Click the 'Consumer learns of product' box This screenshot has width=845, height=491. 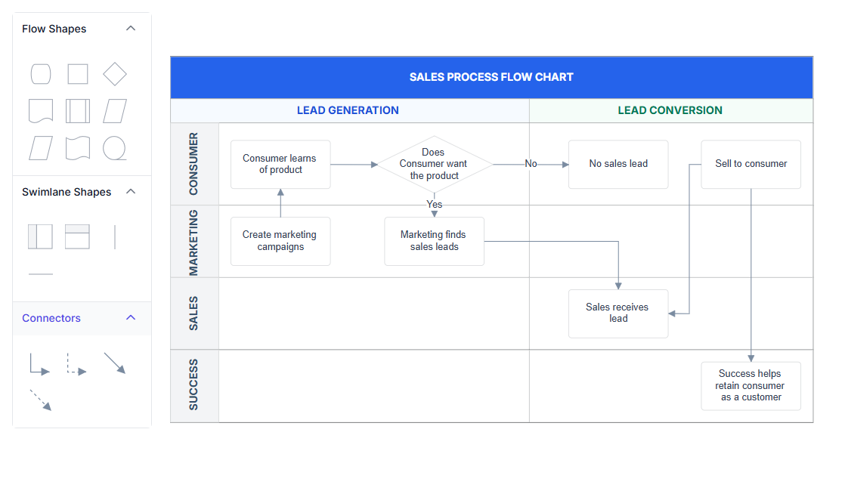[x=280, y=164]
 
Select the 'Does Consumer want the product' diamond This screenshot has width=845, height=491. [x=435, y=164]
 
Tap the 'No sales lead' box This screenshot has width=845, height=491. [x=618, y=164]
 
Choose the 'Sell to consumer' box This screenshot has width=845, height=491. [x=751, y=164]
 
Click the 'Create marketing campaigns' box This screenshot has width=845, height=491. [x=280, y=241]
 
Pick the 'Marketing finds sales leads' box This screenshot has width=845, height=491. [x=434, y=241]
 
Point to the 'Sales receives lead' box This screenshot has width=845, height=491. [x=618, y=313]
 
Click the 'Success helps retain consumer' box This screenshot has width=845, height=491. [x=751, y=386]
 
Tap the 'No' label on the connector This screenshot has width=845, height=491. [x=531, y=164]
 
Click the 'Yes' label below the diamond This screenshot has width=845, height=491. [x=435, y=205]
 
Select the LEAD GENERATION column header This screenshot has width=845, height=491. [x=348, y=110]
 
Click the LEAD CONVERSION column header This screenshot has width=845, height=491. [x=670, y=110]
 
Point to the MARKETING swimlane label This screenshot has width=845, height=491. [x=193, y=242]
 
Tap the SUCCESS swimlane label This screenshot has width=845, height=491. [x=193, y=384]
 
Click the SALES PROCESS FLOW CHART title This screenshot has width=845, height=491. [x=491, y=77]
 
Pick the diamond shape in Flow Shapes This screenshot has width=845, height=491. [x=115, y=74]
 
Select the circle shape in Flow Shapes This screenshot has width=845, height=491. [x=114, y=148]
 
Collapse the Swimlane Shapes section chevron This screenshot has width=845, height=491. [x=131, y=192]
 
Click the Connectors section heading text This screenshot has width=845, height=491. [x=51, y=318]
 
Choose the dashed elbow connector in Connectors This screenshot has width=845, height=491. [x=76, y=364]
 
